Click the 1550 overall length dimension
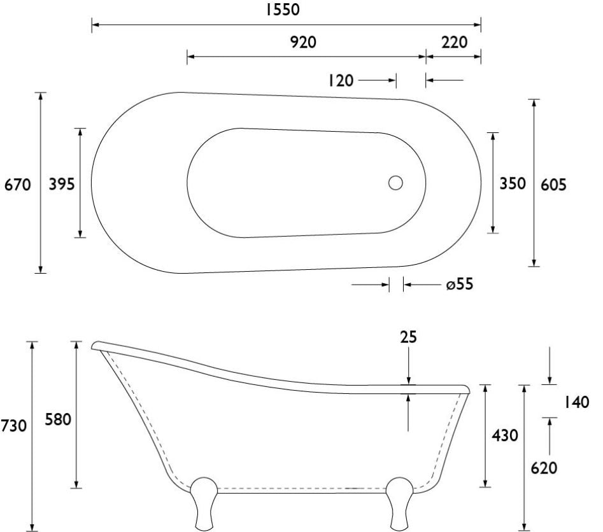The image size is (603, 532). pos(283,9)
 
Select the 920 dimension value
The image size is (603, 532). pos(303,42)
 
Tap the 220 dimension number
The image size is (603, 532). pos(454,42)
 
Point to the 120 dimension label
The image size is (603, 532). pos(341,81)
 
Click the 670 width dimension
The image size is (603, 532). pos(17,185)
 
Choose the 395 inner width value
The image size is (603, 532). pos(62,184)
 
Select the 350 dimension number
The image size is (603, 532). pos(513,183)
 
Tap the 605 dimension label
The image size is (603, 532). pos(553,185)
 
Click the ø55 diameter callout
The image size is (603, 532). pos(460,284)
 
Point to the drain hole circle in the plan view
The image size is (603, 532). pos(395,183)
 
